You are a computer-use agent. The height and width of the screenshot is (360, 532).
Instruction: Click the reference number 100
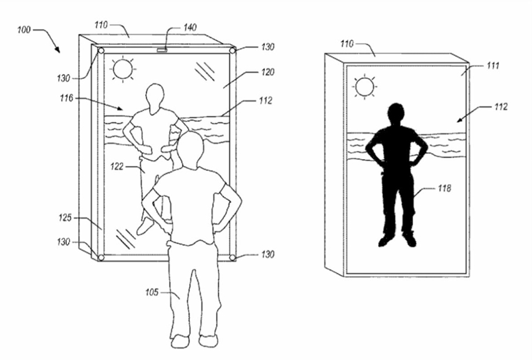[x=24, y=30]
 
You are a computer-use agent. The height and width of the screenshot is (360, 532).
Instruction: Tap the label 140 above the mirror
[x=190, y=27]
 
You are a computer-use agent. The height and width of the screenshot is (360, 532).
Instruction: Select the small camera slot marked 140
[x=162, y=50]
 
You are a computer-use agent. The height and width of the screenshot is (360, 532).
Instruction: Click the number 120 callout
[x=268, y=72]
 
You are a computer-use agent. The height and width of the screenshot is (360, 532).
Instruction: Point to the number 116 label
[x=66, y=98]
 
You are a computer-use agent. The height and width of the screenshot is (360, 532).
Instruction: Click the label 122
[x=116, y=167]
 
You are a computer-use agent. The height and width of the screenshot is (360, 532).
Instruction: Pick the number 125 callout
[x=65, y=217]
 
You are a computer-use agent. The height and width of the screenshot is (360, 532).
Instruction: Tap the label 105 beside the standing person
[x=152, y=292]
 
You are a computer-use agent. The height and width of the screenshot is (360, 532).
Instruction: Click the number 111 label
[x=493, y=65]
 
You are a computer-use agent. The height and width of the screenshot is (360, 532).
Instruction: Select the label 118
[x=444, y=188]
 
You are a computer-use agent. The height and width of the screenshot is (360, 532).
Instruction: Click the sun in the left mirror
[x=123, y=69]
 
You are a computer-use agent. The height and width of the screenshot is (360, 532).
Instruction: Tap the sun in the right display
[x=365, y=87]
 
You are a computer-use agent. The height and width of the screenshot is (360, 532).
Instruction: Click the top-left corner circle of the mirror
[x=101, y=51]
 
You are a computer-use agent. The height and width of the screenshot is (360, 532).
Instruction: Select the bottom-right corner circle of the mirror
[x=232, y=258]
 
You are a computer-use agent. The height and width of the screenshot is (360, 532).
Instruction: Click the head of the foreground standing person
[x=191, y=148]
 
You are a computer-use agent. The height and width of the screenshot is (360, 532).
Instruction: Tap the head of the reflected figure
[x=155, y=97]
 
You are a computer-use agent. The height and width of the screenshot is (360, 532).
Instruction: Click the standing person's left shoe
[x=180, y=341]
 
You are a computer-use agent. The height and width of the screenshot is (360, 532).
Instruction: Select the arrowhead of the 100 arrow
[x=58, y=50]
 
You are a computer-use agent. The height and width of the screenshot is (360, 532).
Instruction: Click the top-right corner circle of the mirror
[x=232, y=51]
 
